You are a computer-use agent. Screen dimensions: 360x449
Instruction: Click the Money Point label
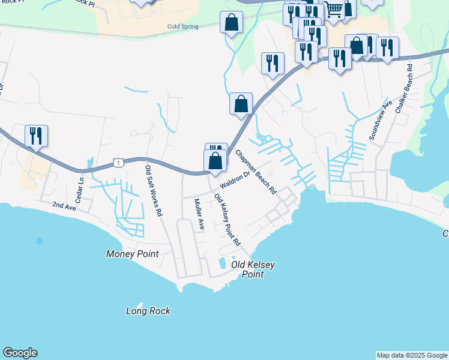tap(132, 254)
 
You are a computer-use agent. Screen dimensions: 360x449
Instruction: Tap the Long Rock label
tap(148, 311)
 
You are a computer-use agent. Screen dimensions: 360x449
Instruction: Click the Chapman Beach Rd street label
tap(256, 172)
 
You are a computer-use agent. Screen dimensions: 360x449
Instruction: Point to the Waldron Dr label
tap(234, 179)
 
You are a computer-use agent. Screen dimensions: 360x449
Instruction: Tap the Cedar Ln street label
tap(79, 188)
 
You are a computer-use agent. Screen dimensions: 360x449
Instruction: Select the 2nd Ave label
tap(64, 205)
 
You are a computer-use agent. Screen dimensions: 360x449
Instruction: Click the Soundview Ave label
tap(380, 120)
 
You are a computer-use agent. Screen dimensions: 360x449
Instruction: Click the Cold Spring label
tap(182, 26)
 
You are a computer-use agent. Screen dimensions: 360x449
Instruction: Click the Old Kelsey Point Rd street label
tap(228, 220)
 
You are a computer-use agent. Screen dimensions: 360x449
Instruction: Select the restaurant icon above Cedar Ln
tap(36, 136)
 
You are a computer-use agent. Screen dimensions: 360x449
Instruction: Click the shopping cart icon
tap(334, 9)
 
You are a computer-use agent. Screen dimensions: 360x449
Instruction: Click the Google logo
tap(20, 353)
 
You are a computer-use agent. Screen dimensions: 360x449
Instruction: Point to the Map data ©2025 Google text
tap(412, 355)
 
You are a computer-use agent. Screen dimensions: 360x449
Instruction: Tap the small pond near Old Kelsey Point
tap(223, 263)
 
